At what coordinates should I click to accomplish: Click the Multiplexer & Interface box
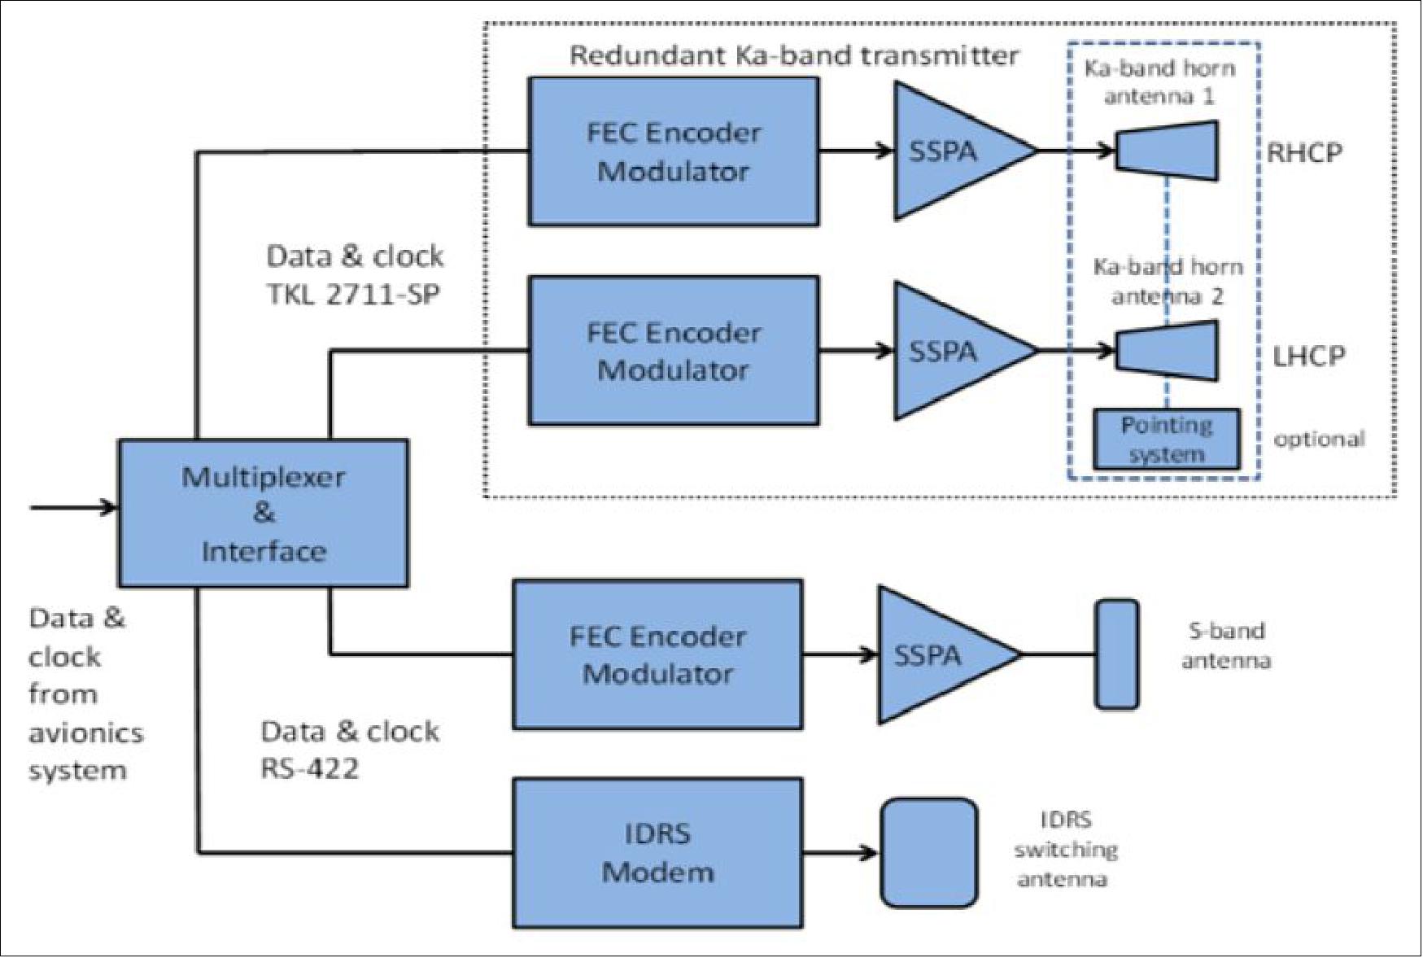point(263,514)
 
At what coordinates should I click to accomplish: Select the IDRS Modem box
point(657,853)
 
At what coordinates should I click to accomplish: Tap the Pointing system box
point(1166,440)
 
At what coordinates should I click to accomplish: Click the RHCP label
point(1304,153)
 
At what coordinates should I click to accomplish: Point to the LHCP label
point(1308,356)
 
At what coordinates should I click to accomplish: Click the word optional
point(1318,440)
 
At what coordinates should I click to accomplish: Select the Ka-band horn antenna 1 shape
point(1167,151)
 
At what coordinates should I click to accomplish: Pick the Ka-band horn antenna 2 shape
point(1167,351)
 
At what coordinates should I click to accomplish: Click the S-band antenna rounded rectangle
point(1116,654)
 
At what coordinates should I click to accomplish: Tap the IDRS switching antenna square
point(929,852)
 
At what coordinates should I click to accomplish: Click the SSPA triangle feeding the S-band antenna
point(936,654)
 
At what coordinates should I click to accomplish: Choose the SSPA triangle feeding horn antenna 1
point(952,151)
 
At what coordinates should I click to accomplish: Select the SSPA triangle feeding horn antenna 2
point(952,351)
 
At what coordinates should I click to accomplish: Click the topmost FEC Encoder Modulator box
point(673,151)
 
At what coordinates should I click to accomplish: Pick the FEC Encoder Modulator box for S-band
point(657,654)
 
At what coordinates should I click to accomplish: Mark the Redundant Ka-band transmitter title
point(793,55)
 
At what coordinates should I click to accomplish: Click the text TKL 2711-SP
point(353,294)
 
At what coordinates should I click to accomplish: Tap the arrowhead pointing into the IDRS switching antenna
point(869,853)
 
